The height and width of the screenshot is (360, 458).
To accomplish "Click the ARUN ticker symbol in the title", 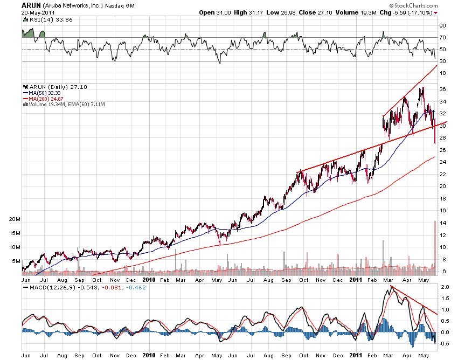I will (30, 4).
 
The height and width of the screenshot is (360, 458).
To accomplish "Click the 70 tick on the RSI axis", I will (442, 38).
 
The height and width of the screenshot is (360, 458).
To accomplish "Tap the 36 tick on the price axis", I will (442, 89).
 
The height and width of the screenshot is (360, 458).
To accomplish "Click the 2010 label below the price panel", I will (149, 280).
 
